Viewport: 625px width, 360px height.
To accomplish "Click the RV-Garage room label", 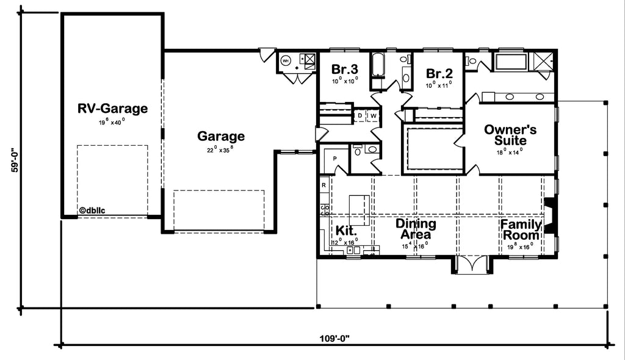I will (x=112, y=109).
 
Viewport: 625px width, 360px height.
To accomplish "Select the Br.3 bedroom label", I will (x=344, y=68).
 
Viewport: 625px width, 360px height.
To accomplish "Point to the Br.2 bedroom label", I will (x=439, y=73).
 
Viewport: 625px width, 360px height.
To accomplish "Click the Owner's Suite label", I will (x=510, y=135).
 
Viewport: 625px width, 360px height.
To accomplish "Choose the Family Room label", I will (x=521, y=230).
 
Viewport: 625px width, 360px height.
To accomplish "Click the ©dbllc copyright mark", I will (x=92, y=211).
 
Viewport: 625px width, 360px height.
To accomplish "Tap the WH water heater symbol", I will (x=286, y=60).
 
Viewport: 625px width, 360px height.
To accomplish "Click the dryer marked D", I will (x=359, y=115).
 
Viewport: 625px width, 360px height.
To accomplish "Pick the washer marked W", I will (x=372, y=115).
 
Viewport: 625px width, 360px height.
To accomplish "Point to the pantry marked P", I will (x=334, y=159).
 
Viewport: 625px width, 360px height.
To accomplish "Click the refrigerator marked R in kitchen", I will (x=324, y=184).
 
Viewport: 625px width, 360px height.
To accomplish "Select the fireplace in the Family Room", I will (x=549, y=216).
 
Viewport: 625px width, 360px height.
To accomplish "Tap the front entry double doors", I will (x=472, y=265).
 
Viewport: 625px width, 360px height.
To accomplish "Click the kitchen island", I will (x=359, y=209).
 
